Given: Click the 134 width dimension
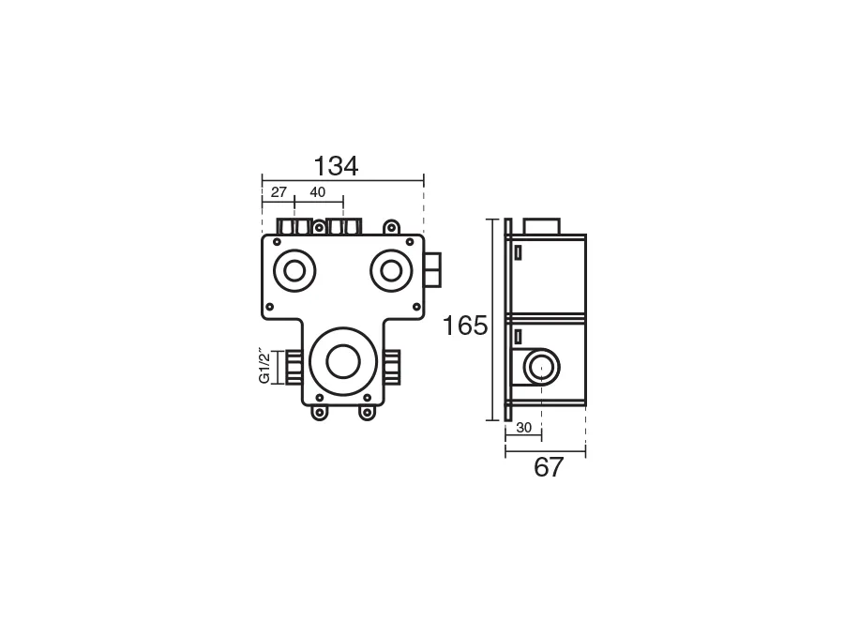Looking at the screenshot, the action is click(336, 166).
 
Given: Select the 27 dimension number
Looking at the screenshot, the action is click(279, 191).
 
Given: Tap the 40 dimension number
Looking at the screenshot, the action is click(318, 191).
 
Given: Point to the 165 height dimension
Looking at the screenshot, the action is click(464, 326).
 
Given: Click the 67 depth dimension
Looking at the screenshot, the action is click(548, 467).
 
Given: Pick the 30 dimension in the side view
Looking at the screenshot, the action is click(523, 428).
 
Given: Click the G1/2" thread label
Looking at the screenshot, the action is click(264, 367).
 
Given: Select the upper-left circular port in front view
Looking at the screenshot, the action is click(294, 271).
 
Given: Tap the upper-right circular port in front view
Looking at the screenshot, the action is click(391, 271).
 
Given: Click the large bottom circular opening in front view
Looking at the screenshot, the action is click(343, 361).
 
